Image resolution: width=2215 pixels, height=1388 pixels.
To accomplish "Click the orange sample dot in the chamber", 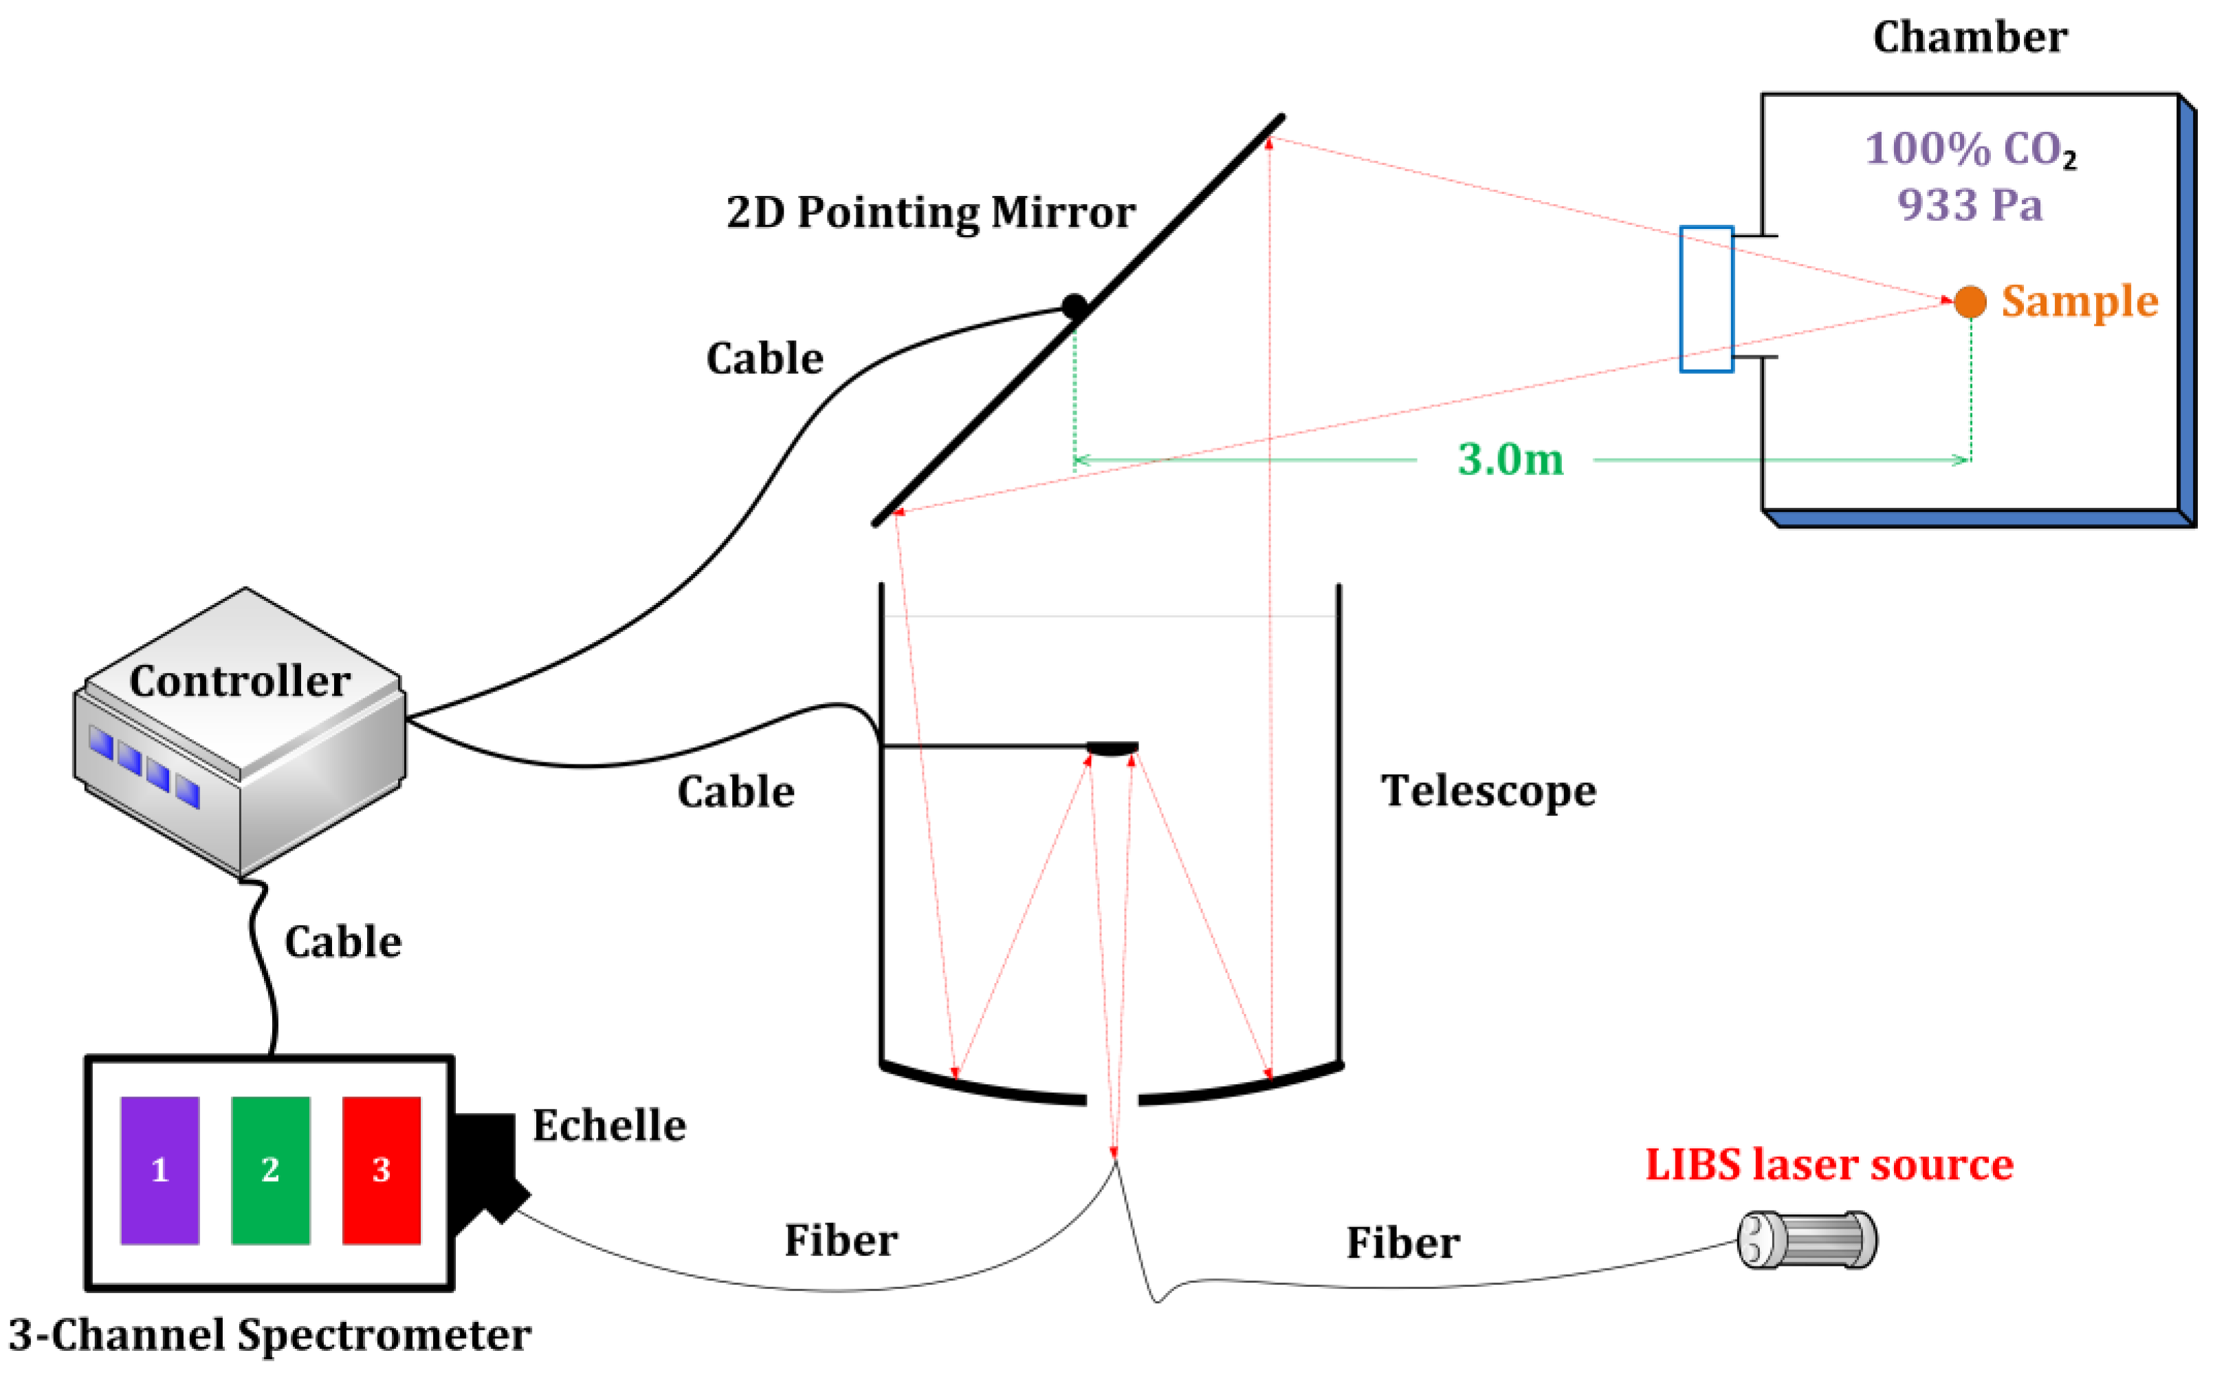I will point(1969,301).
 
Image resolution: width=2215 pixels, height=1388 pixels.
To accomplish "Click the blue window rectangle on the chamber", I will point(1706,299).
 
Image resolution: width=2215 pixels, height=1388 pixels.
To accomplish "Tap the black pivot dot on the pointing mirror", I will point(1074,306).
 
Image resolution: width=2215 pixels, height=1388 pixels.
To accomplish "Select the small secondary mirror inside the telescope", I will point(1112,748).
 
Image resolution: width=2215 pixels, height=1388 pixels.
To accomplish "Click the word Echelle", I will point(608,1125).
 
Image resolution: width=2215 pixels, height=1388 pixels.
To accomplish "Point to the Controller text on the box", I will point(240,681).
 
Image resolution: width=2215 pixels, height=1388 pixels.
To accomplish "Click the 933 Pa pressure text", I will point(1969,205).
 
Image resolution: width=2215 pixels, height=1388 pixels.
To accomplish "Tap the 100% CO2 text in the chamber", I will point(1969,148).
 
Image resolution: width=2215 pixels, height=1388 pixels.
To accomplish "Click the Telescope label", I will point(1488,791).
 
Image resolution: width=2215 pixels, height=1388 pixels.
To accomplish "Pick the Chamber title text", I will point(1969,38).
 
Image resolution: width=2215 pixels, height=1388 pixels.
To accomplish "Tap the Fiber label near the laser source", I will point(1402,1243).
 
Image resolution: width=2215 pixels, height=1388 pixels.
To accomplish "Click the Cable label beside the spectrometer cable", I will point(342,942).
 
